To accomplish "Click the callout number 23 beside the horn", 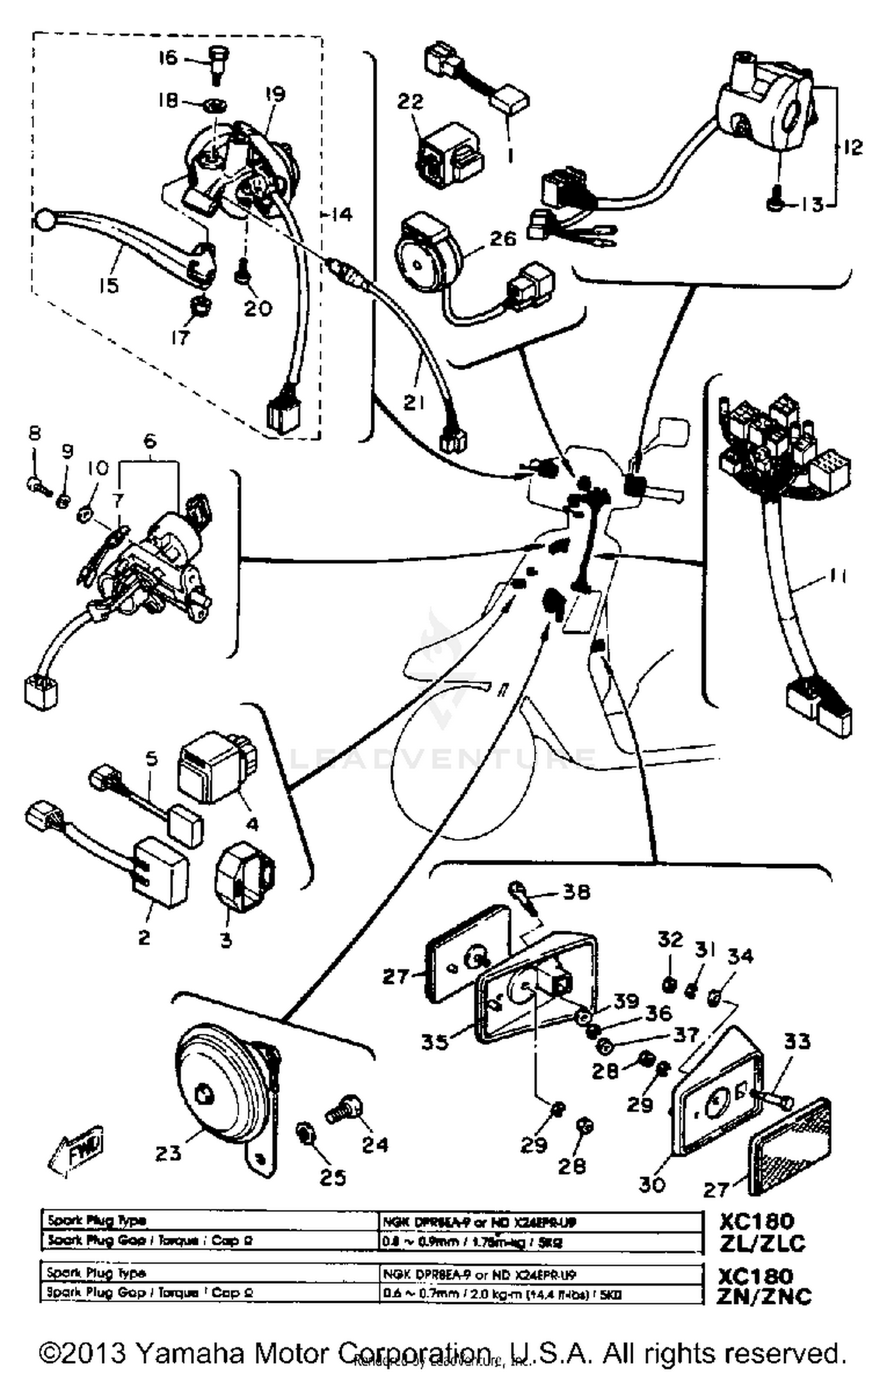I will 168,1153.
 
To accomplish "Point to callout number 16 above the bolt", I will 167,58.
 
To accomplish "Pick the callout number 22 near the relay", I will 410,101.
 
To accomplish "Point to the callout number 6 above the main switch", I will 150,441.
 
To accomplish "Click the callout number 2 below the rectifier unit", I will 144,936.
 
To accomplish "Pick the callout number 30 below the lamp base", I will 652,1183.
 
